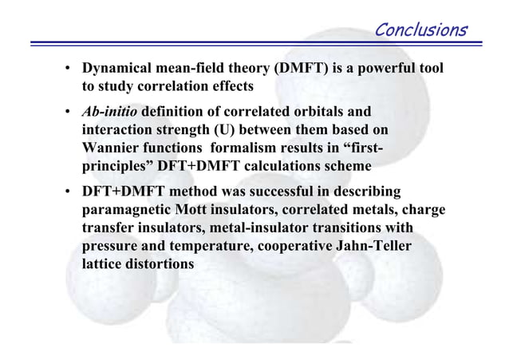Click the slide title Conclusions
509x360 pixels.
[420, 30]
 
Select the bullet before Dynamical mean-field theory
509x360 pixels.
[69, 69]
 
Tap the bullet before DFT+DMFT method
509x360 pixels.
[69, 193]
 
